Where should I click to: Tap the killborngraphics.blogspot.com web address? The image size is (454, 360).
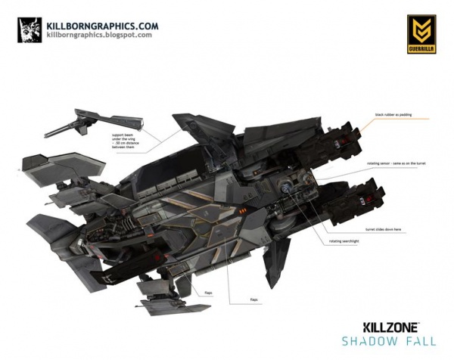tap(94, 35)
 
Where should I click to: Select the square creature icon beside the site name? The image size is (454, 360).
tap(27, 29)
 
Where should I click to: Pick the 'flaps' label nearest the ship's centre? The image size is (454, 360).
tap(253, 299)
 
